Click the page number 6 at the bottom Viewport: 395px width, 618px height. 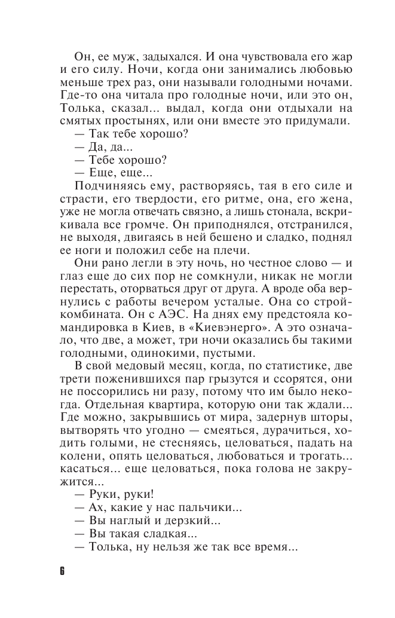(62, 570)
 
